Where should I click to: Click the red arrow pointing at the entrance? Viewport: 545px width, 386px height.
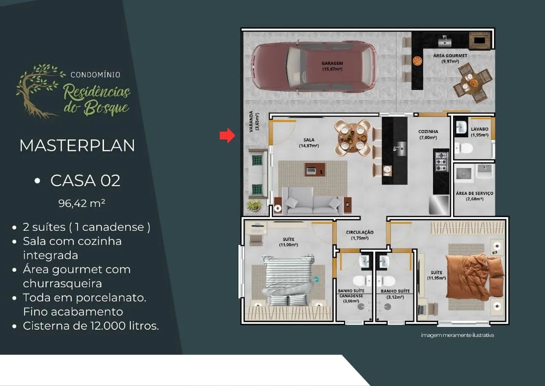tap(227, 136)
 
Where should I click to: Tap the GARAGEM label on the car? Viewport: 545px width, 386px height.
tap(332, 64)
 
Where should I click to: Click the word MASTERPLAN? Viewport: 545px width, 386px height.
tap(77, 146)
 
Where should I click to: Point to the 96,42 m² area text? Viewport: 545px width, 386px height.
tap(82, 203)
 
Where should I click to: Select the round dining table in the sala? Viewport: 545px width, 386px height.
tap(353, 138)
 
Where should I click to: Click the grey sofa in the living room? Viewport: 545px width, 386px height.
tap(313, 201)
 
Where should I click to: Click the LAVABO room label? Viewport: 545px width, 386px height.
tap(479, 129)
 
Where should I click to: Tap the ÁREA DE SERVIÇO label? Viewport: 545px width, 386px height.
tap(474, 193)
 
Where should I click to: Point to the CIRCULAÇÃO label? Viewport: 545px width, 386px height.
tap(360, 232)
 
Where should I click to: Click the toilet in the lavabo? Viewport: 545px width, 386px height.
tap(464, 148)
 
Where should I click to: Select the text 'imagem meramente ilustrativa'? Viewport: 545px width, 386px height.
tap(457, 335)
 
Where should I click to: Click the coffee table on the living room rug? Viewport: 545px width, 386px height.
tap(315, 170)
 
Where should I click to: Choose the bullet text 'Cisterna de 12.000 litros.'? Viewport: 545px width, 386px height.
tap(91, 326)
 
